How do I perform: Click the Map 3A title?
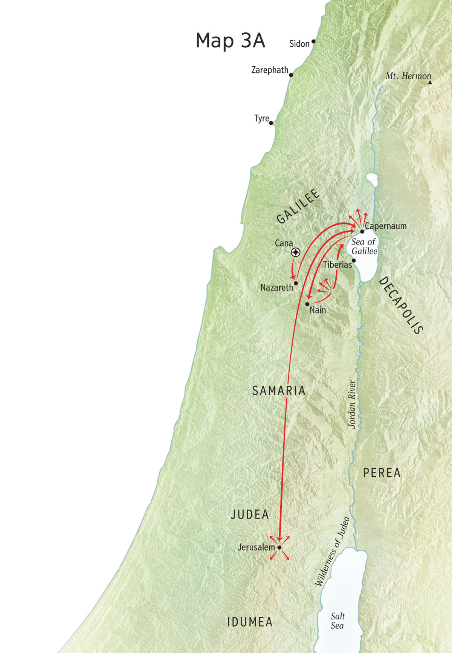tap(230, 40)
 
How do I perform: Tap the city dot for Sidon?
tap(313, 41)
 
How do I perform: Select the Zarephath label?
tap(270, 70)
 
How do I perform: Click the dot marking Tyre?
tap(271, 123)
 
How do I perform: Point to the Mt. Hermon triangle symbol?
tap(430, 82)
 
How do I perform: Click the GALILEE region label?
tap(298, 206)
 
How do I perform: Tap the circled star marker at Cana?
tap(296, 252)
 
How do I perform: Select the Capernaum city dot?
tap(362, 231)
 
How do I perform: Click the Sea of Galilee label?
tap(364, 246)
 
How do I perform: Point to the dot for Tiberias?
tap(354, 260)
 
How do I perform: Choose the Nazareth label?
tap(276, 288)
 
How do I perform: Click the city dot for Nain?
tap(307, 304)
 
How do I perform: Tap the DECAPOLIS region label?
tap(401, 305)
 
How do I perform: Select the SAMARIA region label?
tap(279, 391)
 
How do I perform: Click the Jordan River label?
tap(352, 404)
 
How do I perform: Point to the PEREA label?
tap(382, 473)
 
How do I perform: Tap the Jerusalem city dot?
tap(279, 547)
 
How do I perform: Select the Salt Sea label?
tap(337, 621)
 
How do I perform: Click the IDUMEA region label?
tap(250, 622)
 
